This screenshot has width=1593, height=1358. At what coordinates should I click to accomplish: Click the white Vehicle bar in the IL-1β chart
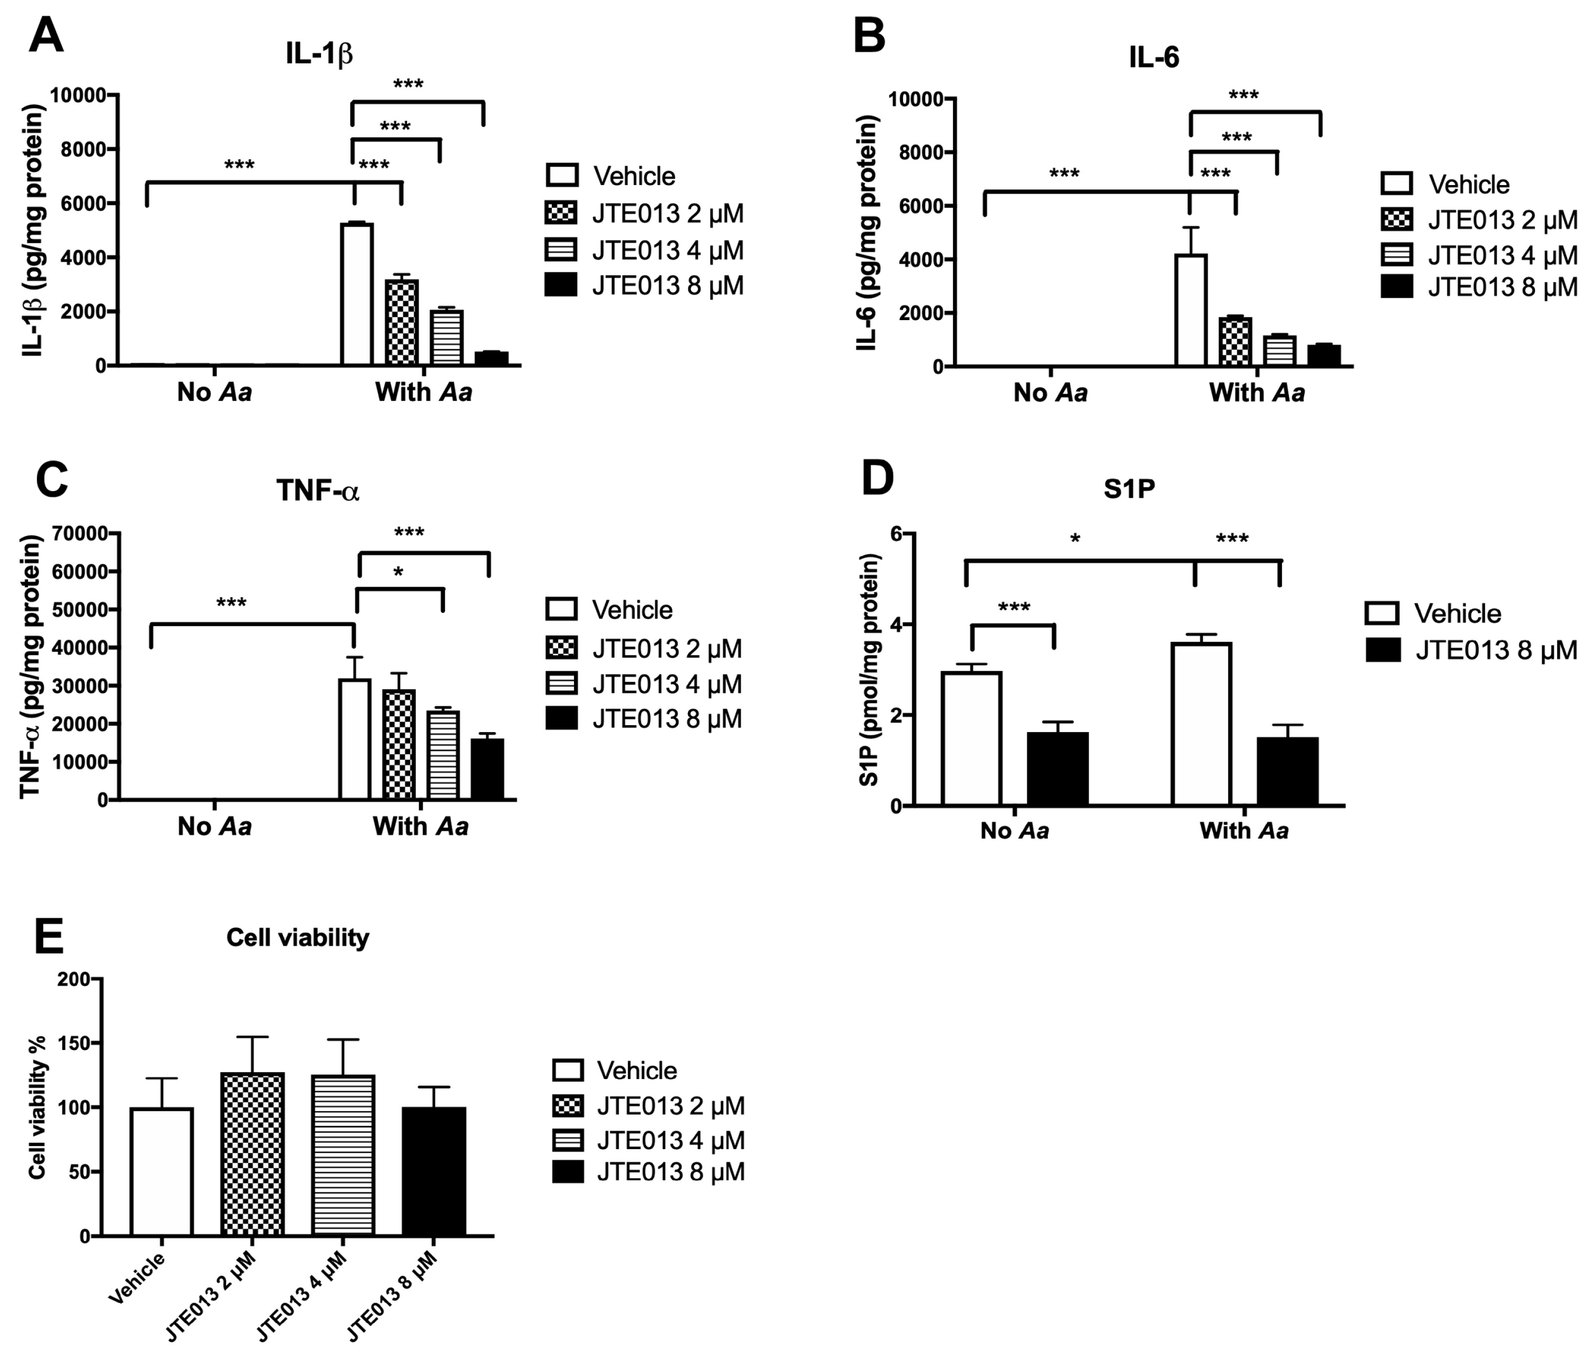[357, 294]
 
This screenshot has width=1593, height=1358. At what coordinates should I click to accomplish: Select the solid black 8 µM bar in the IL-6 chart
[1324, 356]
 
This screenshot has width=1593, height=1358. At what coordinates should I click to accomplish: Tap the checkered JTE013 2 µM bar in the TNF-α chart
[399, 744]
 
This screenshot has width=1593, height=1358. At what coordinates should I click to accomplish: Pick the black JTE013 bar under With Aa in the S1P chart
[1288, 771]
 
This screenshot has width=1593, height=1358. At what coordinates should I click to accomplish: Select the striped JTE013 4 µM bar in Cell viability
[343, 1155]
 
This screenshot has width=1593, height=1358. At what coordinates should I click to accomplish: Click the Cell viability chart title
[297, 937]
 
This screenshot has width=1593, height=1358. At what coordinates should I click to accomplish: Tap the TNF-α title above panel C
[317, 490]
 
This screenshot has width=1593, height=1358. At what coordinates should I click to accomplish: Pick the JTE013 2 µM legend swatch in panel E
[567, 1106]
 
